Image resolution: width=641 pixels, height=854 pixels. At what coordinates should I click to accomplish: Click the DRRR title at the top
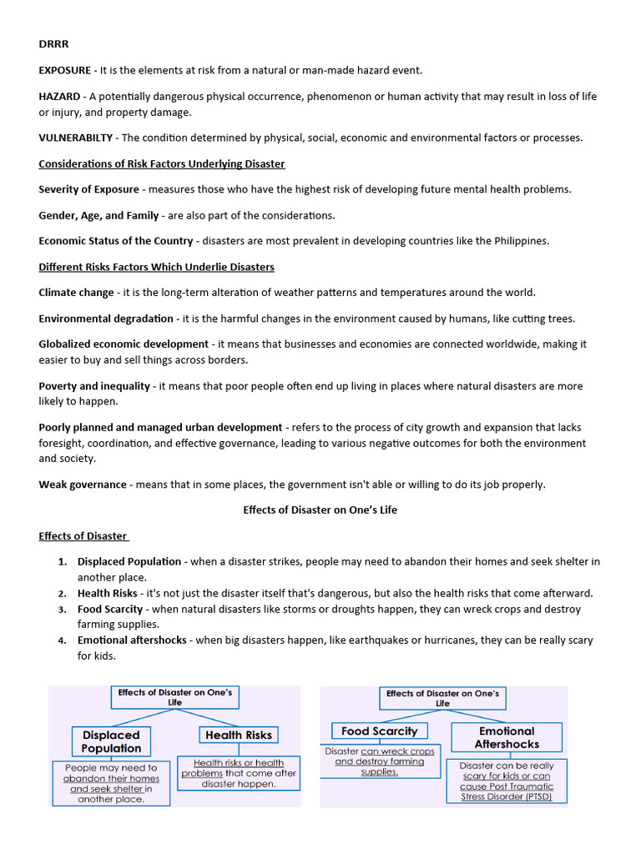[53, 44]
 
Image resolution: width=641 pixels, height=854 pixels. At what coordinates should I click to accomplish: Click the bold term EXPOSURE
[67, 70]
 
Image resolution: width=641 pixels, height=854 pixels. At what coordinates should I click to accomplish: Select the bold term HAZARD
[59, 97]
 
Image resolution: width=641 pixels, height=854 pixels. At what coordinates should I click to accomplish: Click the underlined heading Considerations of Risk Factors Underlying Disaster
[162, 163]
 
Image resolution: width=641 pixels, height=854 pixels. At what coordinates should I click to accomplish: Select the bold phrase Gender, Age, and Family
[98, 215]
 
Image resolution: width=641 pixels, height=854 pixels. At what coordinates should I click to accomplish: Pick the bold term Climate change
[76, 293]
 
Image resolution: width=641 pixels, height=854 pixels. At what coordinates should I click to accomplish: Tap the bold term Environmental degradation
[106, 319]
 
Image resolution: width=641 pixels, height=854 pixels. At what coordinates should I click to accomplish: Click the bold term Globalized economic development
[124, 344]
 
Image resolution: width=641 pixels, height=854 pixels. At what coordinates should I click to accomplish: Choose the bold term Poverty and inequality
[94, 386]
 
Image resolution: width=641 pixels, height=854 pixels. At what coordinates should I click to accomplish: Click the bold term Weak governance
[83, 485]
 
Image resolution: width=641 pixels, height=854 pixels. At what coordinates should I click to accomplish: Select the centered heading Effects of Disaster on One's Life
[320, 510]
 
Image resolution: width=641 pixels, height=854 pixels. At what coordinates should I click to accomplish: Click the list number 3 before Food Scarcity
[63, 610]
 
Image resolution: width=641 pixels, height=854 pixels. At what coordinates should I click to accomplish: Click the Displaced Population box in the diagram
[111, 741]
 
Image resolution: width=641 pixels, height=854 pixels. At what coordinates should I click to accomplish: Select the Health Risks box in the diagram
[239, 735]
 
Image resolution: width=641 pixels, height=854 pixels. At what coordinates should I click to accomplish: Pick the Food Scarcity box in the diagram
[379, 731]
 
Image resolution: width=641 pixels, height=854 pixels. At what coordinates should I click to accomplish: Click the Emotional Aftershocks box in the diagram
[507, 737]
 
